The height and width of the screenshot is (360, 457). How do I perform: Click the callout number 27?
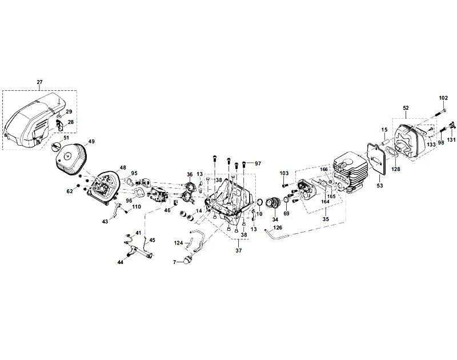pos(39,82)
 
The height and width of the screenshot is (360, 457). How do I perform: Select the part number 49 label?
pos(91,141)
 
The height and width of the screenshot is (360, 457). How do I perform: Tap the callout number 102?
pos(443,98)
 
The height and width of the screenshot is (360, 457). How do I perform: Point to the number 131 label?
pos(451,140)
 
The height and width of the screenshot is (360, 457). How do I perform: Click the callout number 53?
pos(379,185)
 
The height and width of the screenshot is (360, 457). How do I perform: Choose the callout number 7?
pos(175,262)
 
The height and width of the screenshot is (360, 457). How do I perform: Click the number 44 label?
pos(121,262)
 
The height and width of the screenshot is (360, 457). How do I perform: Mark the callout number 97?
pos(258,163)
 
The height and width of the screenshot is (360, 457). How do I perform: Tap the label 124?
pos(178,243)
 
